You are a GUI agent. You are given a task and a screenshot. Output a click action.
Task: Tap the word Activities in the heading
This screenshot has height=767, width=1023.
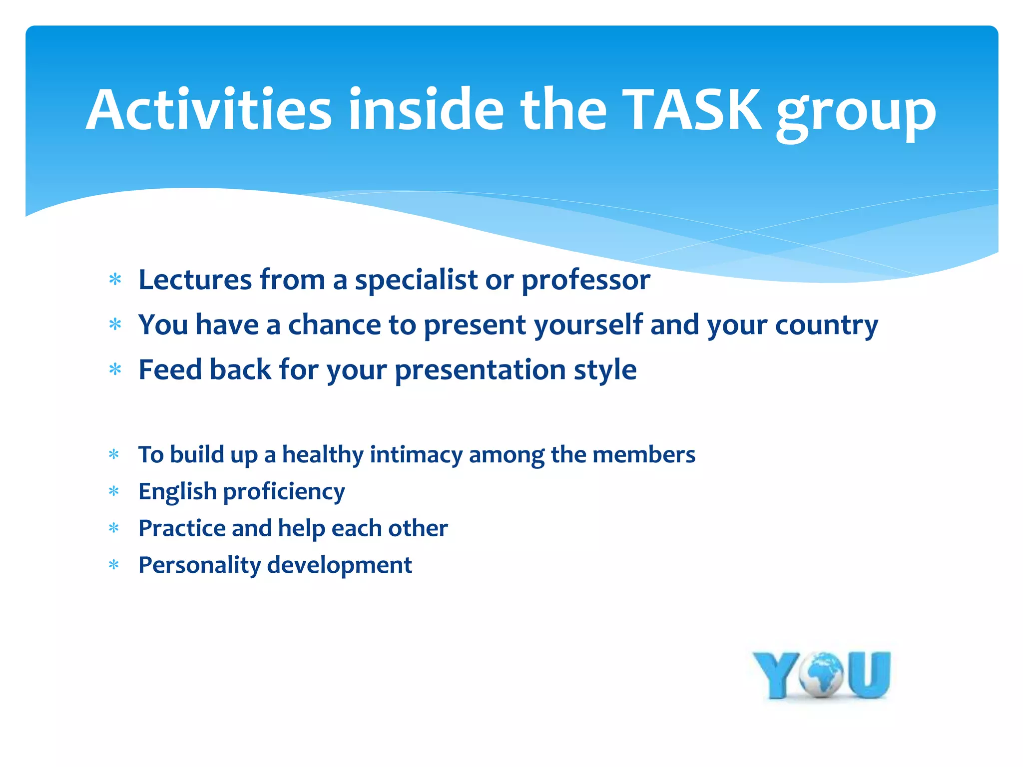208,110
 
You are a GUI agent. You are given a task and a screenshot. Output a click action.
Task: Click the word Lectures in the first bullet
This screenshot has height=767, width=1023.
195,279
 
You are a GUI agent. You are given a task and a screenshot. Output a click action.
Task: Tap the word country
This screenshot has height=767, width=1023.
826,326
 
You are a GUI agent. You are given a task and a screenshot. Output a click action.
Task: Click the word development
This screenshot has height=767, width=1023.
339,566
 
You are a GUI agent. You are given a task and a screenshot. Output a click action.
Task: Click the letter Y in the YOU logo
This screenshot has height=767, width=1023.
777,674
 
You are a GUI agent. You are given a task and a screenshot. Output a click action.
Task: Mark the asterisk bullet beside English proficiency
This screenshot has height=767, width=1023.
114,492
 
